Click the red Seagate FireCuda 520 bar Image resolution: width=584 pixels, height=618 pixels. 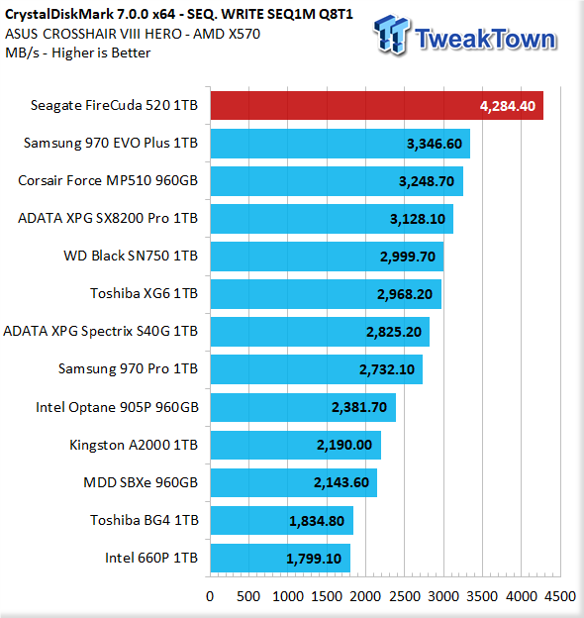coord(377,106)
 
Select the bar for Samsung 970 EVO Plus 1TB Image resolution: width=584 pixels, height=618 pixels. coord(341,144)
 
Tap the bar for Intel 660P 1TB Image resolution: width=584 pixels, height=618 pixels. coord(280,559)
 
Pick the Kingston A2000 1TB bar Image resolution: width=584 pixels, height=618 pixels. coord(296,445)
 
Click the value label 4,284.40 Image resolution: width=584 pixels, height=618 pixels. coord(508,106)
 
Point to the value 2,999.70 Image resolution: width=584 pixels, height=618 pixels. coord(408,257)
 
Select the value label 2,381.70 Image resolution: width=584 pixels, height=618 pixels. coord(359,407)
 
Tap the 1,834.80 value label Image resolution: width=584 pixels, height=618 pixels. coord(317,521)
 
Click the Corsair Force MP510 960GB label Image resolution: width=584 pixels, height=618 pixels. coord(108,180)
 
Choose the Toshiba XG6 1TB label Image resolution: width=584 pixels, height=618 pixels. coord(145,293)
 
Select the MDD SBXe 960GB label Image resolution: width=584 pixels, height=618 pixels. coord(141,482)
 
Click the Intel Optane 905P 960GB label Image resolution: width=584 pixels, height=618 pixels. coord(118,407)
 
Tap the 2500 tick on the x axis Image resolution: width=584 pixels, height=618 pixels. coord(405,596)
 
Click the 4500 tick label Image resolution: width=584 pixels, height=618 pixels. coord(560,596)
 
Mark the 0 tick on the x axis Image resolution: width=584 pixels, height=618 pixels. coord(210,596)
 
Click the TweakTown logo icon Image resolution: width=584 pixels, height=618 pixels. coord(392,35)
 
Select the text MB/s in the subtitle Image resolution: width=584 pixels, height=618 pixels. coord(22,52)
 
